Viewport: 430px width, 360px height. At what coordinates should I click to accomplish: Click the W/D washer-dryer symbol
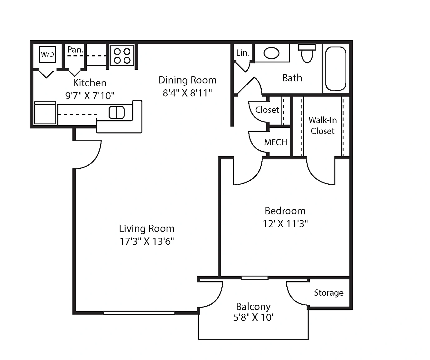click(x=47, y=54)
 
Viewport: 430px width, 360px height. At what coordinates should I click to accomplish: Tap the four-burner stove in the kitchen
click(x=122, y=55)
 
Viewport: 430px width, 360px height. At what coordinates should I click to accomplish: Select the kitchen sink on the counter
click(x=116, y=112)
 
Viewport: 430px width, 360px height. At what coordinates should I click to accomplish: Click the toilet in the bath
click(x=307, y=53)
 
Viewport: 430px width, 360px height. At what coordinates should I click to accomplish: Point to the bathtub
click(x=336, y=68)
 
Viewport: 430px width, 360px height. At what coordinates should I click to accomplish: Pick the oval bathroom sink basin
click(x=271, y=53)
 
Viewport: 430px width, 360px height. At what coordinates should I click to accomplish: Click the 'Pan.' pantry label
click(x=75, y=50)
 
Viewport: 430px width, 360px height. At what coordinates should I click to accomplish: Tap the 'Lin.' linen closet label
click(x=243, y=53)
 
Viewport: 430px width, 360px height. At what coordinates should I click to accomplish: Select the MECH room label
click(x=275, y=142)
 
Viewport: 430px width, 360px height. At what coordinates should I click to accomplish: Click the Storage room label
click(x=329, y=293)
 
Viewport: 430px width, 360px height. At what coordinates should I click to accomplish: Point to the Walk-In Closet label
click(x=323, y=126)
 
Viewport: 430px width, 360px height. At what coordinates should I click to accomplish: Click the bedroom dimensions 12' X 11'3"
click(x=285, y=224)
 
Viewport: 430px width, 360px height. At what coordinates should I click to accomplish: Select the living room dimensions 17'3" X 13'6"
click(x=147, y=241)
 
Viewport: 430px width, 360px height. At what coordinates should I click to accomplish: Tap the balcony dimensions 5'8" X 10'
click(x=253, y=317)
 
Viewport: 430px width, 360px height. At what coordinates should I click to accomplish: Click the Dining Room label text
click(x=187, y=80)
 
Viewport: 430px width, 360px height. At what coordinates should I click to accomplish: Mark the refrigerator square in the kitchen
click(x=45, y=113)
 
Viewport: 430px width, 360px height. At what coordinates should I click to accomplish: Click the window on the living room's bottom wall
click(x=139, y=313)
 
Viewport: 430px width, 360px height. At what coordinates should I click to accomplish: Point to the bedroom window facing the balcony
click(x=255, y=278)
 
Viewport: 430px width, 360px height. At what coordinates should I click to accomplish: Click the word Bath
click(x=292, y=78)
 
